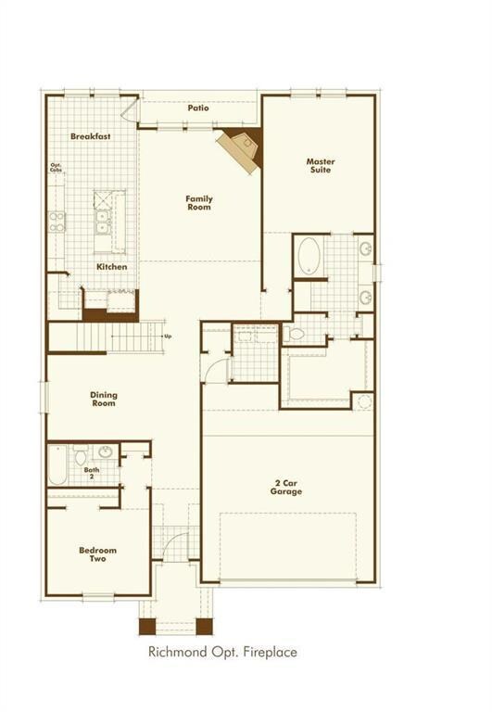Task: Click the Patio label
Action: click(198, 108)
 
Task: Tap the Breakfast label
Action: click(91, 136)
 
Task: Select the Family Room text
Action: click(198, 202)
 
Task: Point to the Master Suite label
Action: click(321, 165)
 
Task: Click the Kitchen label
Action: click(112, 267)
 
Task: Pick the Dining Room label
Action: click(104, 399)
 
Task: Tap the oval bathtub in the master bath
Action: click(308, 256)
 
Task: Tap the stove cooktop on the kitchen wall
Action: click(57, 221)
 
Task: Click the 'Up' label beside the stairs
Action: click(168, 336)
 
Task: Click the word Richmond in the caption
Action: click(175, 652)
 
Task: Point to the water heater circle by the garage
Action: click(364, 401)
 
